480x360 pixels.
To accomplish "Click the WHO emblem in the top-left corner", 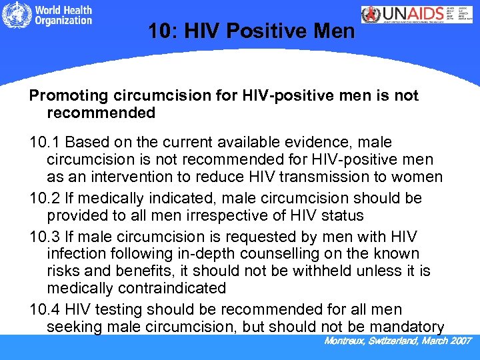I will coord(15,15).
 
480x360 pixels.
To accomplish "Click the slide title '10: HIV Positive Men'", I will coord(251,31).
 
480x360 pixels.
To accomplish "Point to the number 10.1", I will coord(44,143).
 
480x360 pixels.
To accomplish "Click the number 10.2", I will coord(44,199).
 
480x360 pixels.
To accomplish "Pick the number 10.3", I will coord(44,237).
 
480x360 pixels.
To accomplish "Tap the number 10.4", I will coord(44,310).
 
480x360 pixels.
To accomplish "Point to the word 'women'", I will coord(417,177).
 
